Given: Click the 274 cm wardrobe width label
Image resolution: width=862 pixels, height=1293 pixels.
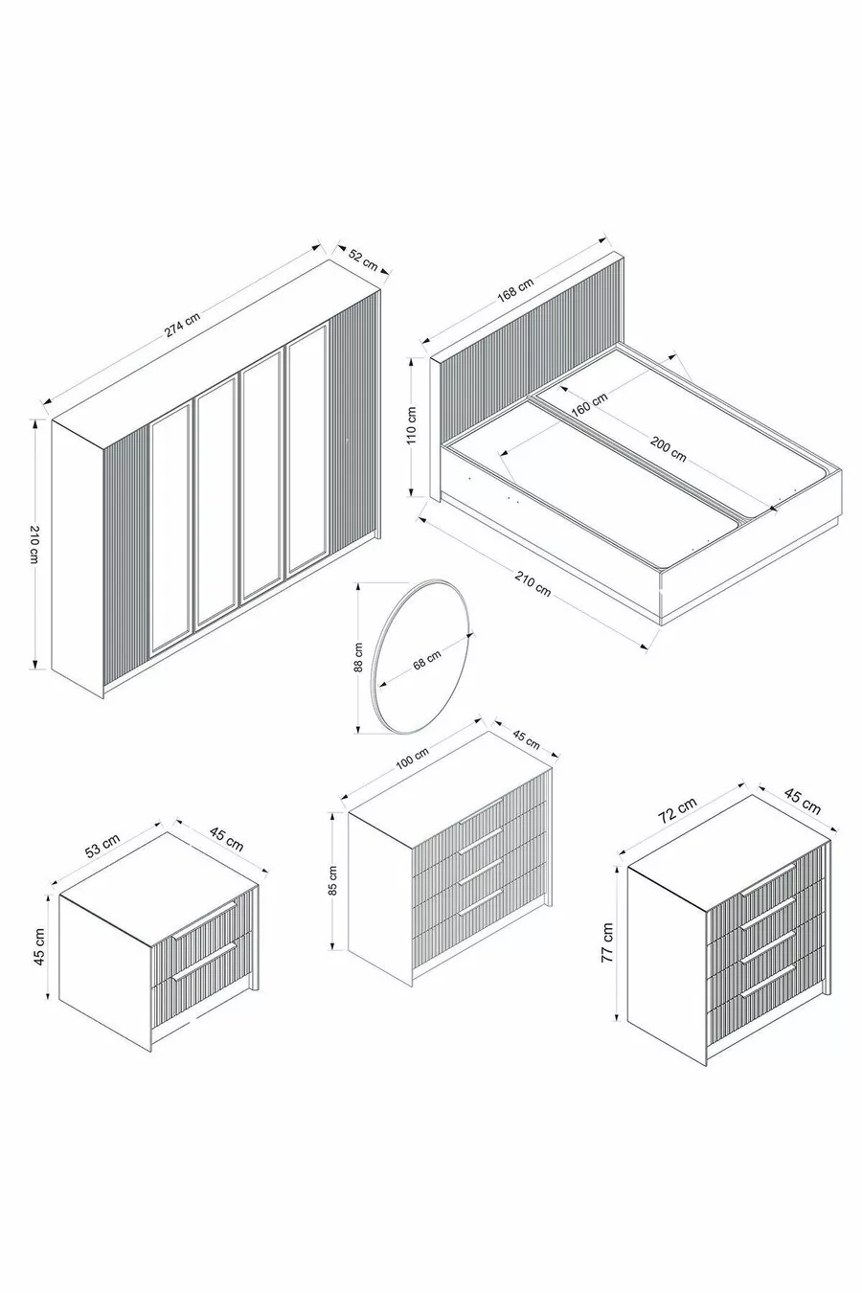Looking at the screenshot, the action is [x=182, y=326].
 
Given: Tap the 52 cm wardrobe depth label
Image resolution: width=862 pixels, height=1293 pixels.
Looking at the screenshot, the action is [x=363, y=261].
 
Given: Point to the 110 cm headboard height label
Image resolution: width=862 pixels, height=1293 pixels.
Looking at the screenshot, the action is [x=412, y=425].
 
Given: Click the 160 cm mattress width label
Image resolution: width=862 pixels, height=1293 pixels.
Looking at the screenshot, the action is [x=589, y=404].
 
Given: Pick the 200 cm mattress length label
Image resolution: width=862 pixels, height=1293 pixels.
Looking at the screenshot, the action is [x=669, y=448].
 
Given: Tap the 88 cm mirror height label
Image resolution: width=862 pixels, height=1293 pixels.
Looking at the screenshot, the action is [x=358, y=657].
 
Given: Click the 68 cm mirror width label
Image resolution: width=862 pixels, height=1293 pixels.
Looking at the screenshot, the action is [x=427, y=659].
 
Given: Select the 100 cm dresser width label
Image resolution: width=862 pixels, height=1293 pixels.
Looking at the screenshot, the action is [x=412, y=760].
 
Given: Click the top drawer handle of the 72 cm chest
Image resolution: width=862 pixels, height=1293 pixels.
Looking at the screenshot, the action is [x=768, y=881].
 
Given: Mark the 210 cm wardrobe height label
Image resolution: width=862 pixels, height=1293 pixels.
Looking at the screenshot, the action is [x=34, y=544].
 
